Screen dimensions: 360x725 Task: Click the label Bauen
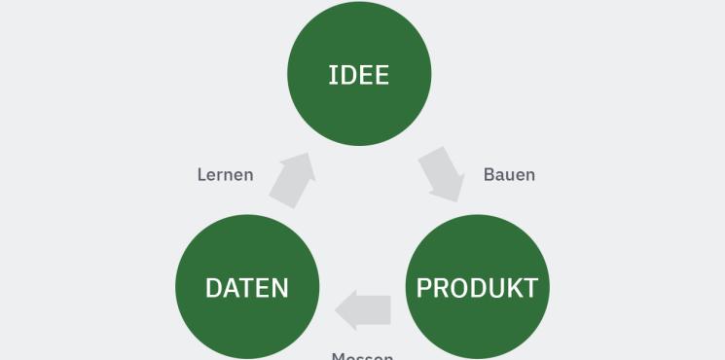pyautogui.click(x=509, y=175)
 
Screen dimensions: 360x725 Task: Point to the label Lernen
pyautogui.click(x=225, y=175)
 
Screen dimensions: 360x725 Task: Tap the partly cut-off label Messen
pyautogui.click(x=362, y=355)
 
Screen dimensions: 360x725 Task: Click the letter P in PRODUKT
pyautogui.click(x=423, y=288)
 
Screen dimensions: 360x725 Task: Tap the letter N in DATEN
pyautogui.click(x=278, y=288)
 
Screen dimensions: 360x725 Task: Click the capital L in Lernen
pyautogui.click(x=202, y=175)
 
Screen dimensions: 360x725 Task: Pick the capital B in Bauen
pyautogui.click(x=489, y=175)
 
